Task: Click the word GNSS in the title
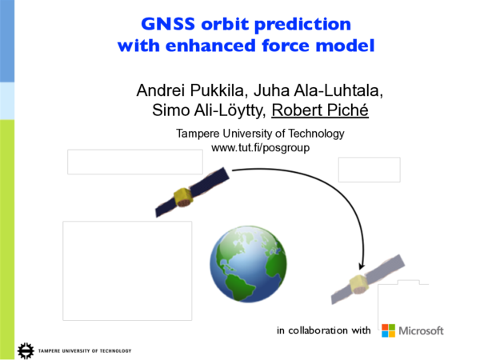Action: pyautogui.click(x=170, y=23)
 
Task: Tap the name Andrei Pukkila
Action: pyautogui.click(x=183, y=90)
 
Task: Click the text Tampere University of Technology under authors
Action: pyautogui.click(x=260, y=134)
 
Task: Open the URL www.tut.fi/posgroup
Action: pyautogui.click(x=260, y=148)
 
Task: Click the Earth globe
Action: pyautogui.click(x=247, y=262)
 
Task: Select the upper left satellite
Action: pyautogui.click(x=186, y=194)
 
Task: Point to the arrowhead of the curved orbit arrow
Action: pyautogui.click(x=362, y=264)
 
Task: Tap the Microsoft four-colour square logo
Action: pyautogui.click(x=388, y=330)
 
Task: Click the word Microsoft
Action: pyautogui.click(x=421, y=330)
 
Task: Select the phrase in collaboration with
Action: pyautogui.click(x=323, y=330)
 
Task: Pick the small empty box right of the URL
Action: pyautogui.click(x=369, y=170)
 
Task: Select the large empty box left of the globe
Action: pyautogui.click(x=127, y=268)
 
